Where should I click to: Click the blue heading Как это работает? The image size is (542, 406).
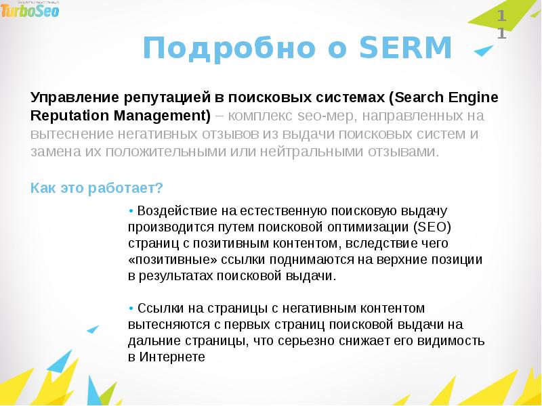click(x=97, y=187)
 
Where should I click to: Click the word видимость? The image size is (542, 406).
click(x=455, y=340)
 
